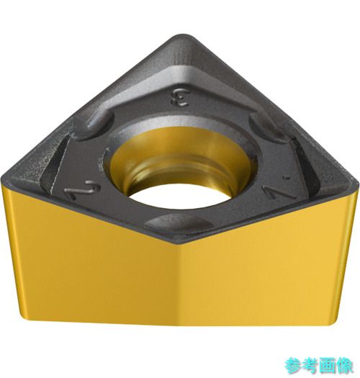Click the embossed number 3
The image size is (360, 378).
pyautogui.click(x=180, y=98)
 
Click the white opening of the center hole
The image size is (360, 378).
pyautogui.click(x=179, y=196)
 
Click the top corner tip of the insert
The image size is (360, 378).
pyautogui.click(x=183, y=35)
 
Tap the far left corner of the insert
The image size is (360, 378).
pyautogui.click(x=2, y=179)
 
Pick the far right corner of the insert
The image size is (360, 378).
pyautogui.click(x=358, y=186)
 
